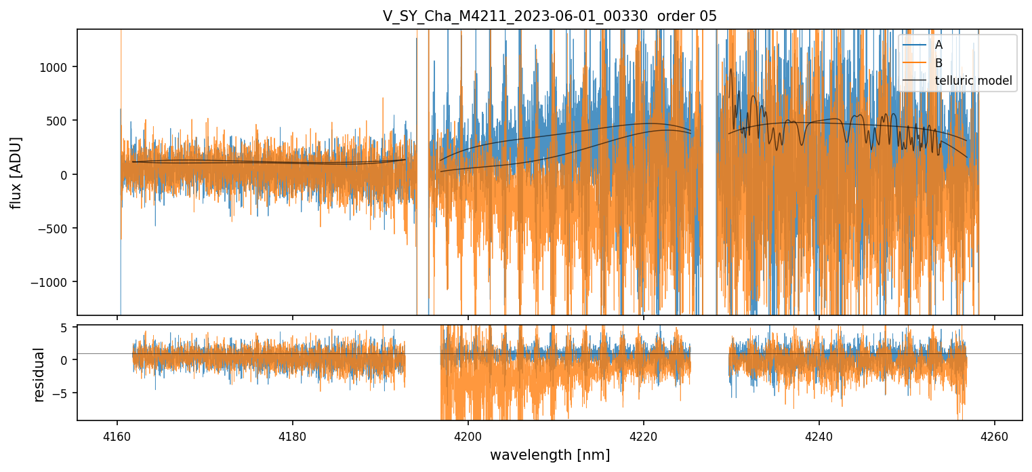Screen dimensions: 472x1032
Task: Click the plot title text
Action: click(x=550, y=16)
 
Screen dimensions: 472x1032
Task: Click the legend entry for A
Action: click(x=938, y=45)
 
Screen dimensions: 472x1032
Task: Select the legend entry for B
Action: click(x=938, y=63)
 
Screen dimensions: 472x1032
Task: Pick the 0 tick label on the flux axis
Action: click(x=66, y=174)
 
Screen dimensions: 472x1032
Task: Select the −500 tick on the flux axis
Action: click(x=56, y=228)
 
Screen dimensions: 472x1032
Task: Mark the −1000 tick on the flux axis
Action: click(x=54, y=282)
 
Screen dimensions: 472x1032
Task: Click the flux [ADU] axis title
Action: click(x=16, y=172)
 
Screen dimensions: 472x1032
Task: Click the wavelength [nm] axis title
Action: click(x=550, y=455)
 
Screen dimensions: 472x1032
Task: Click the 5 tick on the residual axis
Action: click(x=66, y=328)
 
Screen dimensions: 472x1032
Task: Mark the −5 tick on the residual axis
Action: click(x=63, y=393)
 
